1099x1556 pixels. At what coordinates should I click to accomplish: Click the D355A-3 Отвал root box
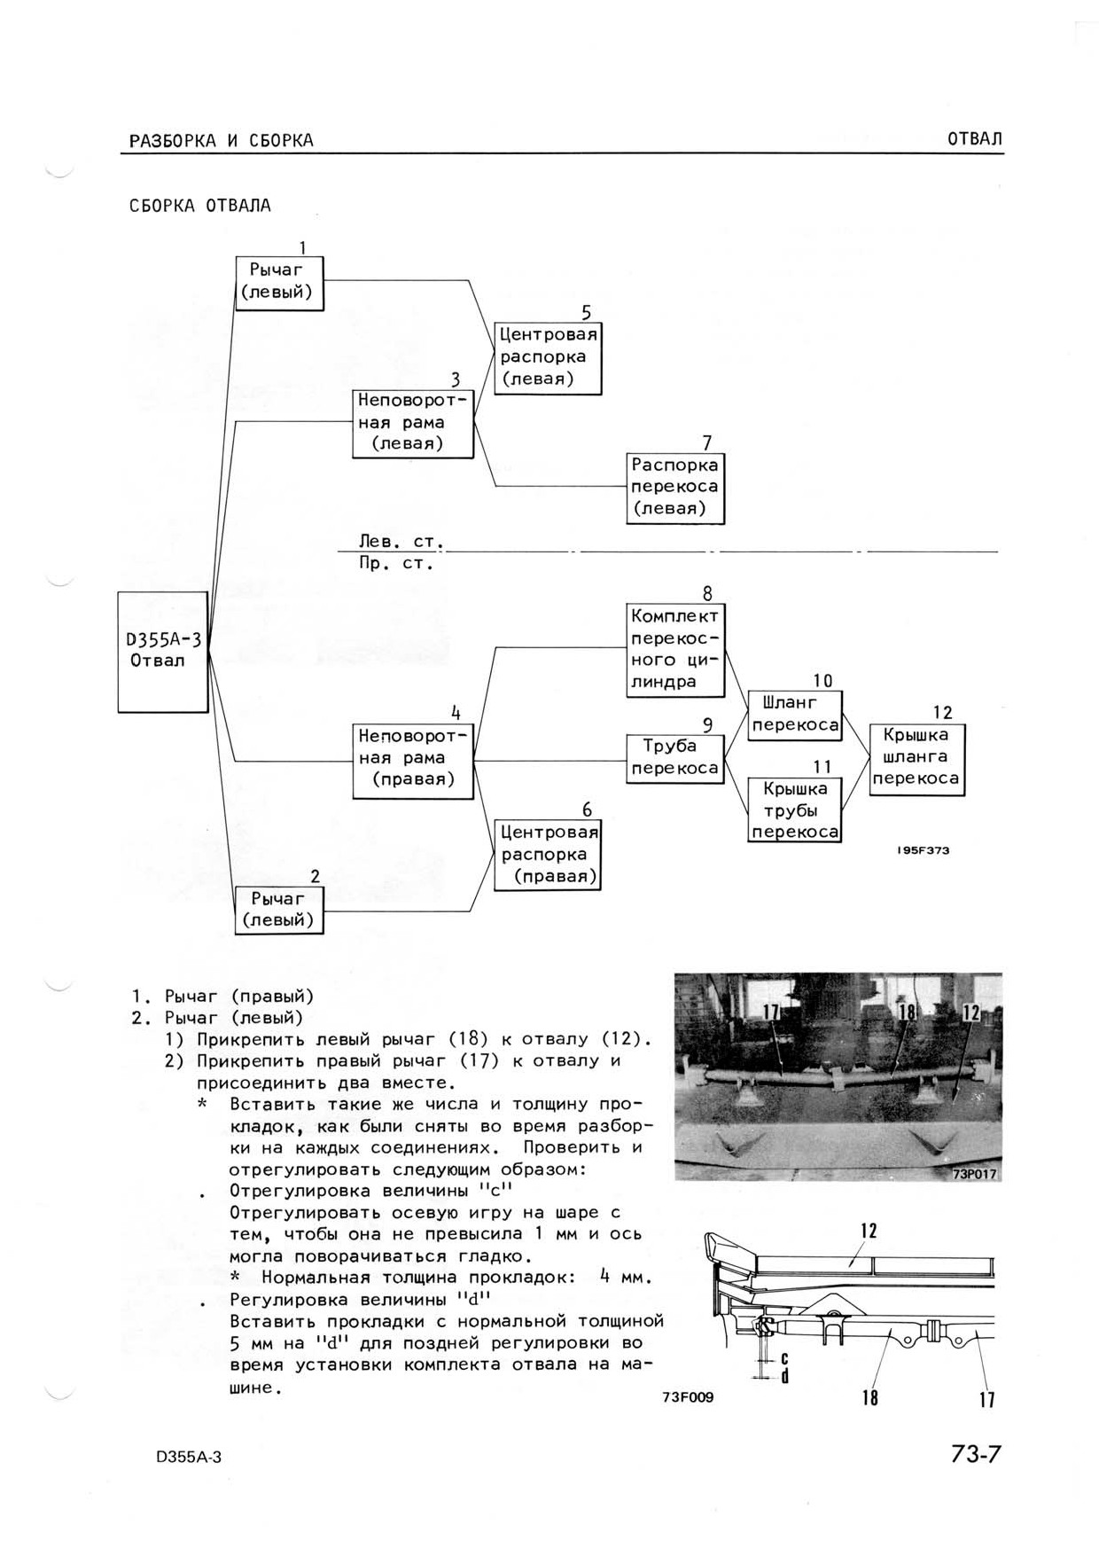point(163,652)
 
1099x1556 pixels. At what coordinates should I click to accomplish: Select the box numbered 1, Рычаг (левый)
point(279,283)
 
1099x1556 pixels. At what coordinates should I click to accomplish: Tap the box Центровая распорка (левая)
point(548,358)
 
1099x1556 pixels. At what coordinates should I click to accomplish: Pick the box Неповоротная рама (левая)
point(413,424)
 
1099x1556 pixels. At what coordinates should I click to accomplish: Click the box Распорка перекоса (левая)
point(675,488)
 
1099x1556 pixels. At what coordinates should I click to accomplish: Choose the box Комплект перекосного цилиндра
point(675,650)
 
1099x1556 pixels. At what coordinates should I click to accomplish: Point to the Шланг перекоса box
point(794,715)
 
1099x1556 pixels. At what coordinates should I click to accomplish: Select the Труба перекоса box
point(675,758)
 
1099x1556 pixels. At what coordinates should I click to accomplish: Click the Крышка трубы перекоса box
point(794,809)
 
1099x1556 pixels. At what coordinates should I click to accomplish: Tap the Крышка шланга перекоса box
point(916,760)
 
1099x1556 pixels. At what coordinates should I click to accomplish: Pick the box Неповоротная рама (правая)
point(413,761)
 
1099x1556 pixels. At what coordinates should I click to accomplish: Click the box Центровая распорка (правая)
point(548,855)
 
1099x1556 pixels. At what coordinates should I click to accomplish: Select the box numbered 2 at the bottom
point(279,910)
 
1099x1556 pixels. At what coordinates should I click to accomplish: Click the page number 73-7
point(975,1455)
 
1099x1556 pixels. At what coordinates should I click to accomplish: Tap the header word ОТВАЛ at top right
point(974,139)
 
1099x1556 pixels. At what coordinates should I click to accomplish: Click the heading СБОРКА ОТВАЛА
point(200,206)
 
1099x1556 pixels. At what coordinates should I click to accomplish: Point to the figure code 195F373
point(923,850)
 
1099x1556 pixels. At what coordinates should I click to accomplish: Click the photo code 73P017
point(975,1174)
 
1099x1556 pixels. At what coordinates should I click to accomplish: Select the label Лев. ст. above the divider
point(401,541)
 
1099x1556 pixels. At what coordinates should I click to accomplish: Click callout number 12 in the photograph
point(971,1012)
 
